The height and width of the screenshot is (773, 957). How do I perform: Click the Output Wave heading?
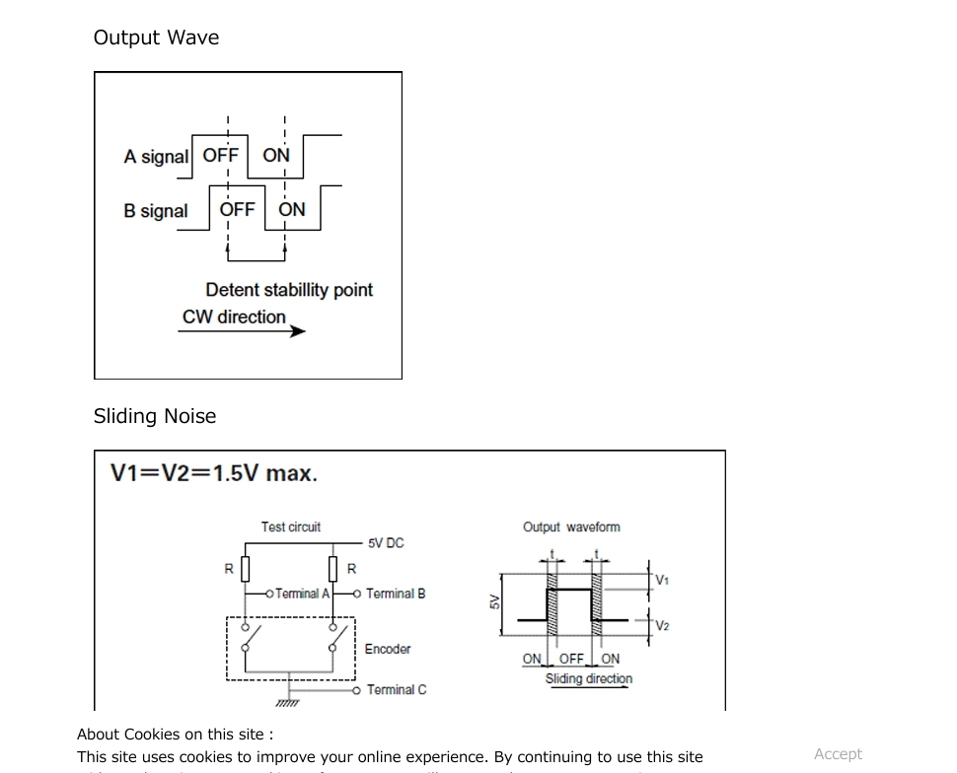[156, 37]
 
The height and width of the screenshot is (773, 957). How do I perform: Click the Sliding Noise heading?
[155, 416]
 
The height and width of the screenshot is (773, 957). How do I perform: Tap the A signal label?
[156, 157]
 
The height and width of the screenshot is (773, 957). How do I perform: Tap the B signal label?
[156, 211]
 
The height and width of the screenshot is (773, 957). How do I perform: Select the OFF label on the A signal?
[220, 156]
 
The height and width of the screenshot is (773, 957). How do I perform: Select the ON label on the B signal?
[292, 209]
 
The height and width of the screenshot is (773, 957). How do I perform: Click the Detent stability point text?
[289, 290]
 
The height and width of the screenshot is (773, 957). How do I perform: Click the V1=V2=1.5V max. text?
[214, 473]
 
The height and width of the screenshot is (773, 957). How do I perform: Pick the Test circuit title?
[291, 527]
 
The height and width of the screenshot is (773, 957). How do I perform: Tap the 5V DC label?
[386, 543]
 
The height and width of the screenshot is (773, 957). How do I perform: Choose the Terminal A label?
[302, 594]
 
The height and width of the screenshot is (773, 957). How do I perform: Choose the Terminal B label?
[396, 594]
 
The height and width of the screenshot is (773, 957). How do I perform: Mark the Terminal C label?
[397, 690]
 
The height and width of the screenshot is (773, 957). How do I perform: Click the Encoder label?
[388, 649]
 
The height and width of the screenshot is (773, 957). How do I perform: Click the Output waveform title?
[571, 527]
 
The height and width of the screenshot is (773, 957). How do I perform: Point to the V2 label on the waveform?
[662, 626]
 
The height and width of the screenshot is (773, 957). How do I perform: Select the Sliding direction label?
[589, 678]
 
